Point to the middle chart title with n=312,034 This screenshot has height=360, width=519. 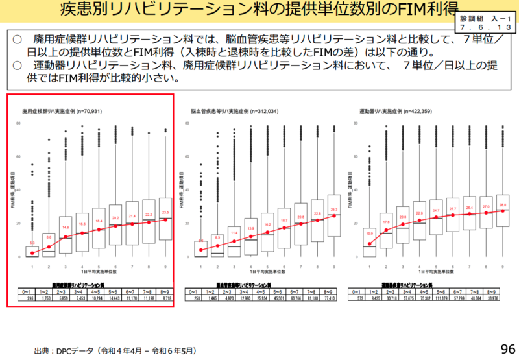235,112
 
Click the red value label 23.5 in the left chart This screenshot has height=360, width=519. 165,212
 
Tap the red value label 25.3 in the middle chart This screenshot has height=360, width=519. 333,209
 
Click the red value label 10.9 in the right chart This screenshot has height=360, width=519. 370,232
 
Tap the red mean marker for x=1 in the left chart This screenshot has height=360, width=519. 32,253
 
